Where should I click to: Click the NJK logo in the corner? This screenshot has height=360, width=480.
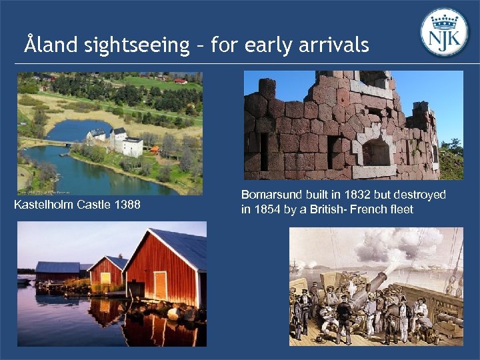445,32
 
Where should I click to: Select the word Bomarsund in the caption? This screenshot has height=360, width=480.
267,195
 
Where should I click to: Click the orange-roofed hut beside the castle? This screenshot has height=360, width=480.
155,150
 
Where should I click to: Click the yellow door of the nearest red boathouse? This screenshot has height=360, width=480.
161,285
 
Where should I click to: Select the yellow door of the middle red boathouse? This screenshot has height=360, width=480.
105,278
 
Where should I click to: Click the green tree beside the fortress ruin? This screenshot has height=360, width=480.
452,157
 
